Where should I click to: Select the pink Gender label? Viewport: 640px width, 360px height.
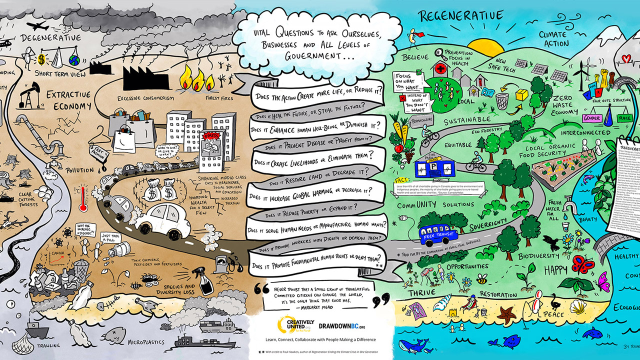click(592, 118)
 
